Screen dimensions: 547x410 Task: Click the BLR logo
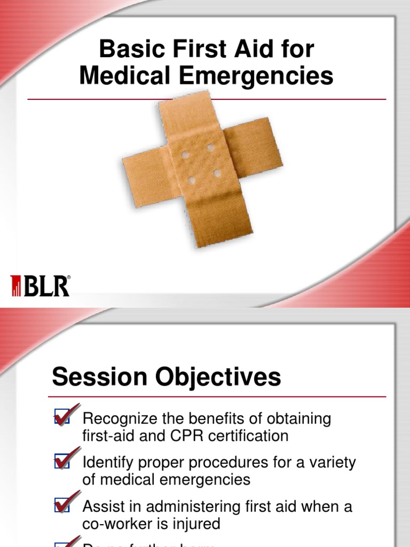[x=41, y=286]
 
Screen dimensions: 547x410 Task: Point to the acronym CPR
[x=201, y=436]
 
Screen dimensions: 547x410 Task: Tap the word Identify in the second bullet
[x=106, y=463]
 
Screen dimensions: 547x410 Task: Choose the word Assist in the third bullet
[x=101, y=506]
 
